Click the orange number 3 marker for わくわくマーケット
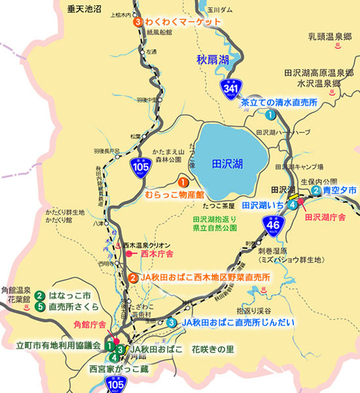click(138, 22)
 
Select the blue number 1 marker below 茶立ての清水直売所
click(270, 115)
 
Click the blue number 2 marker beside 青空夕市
click(316, 190)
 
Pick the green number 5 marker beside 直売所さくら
click(40, 306)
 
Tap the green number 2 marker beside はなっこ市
click(40, 295)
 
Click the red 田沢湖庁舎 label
click(325, 217)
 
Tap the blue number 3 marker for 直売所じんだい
click(171, 322)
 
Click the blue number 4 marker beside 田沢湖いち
click(293, 204)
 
